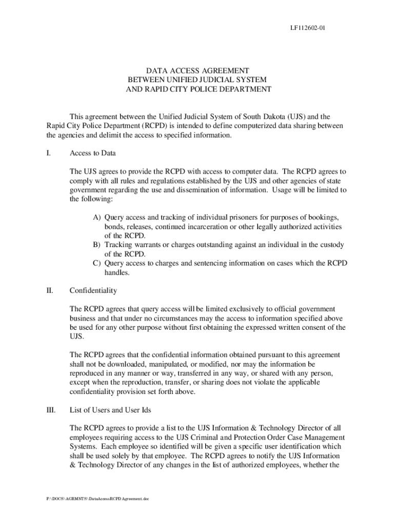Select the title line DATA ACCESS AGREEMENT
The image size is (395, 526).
coord(197,70)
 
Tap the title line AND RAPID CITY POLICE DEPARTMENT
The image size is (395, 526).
coord(198,89)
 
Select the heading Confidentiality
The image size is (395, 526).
coord(93,291)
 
